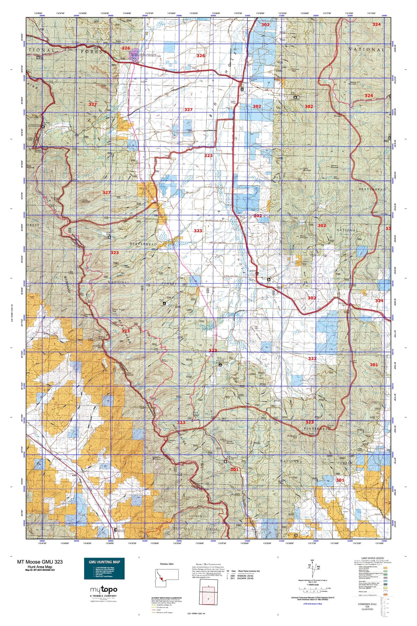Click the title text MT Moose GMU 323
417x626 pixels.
click(40, 562)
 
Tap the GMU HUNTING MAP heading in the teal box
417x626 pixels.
click(104, 562)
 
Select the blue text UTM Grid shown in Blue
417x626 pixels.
click(313, 604)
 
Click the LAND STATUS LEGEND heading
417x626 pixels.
click(373, 558)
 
